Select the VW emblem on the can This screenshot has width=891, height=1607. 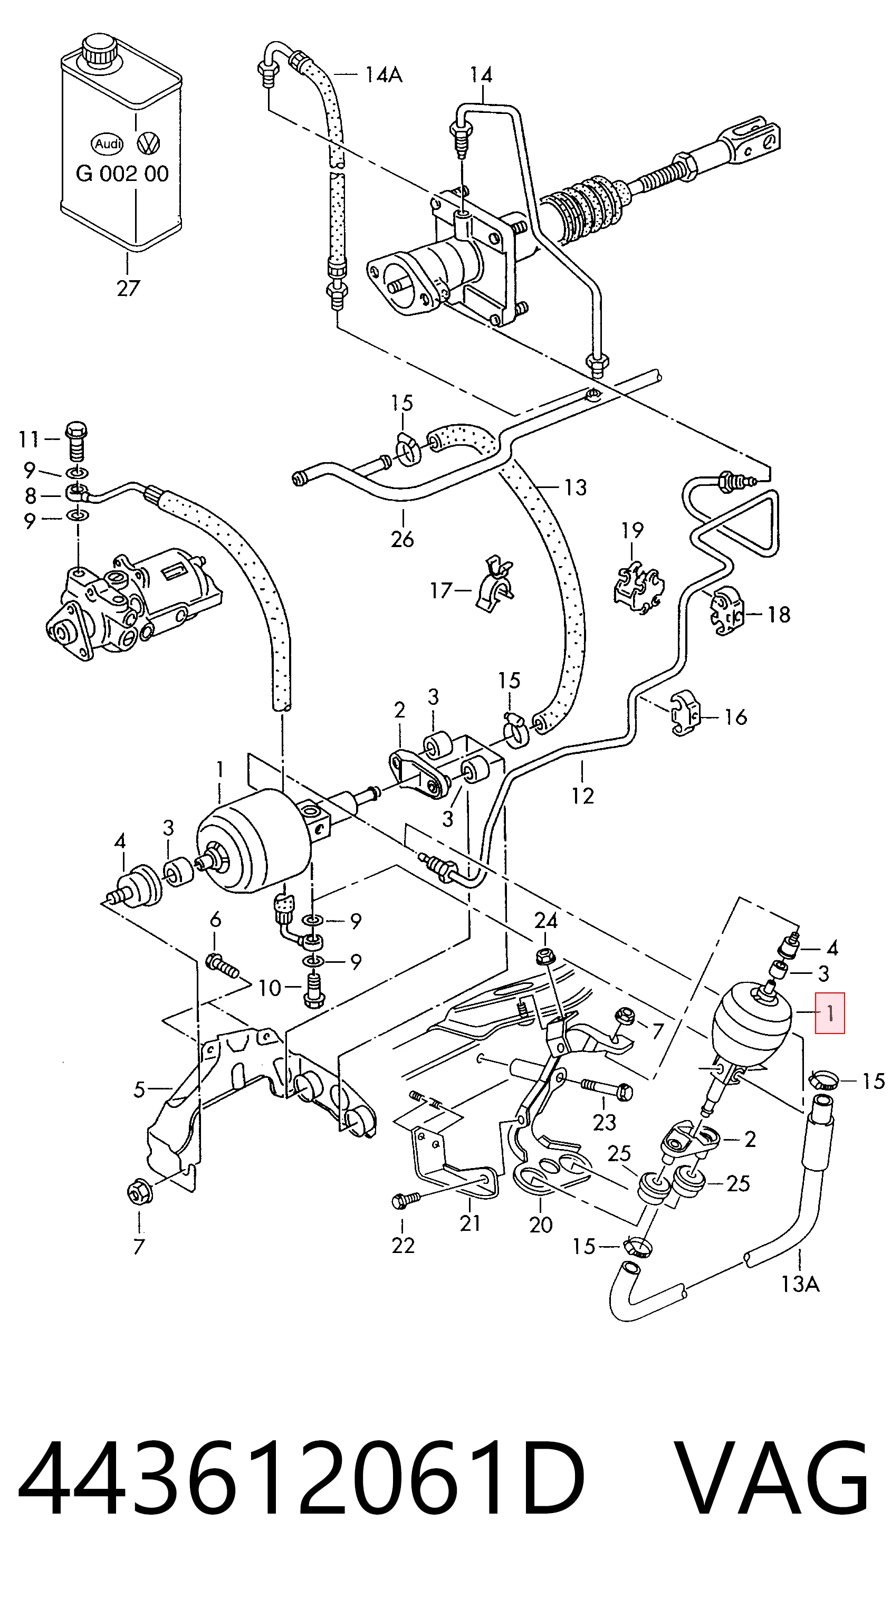pos(148,144)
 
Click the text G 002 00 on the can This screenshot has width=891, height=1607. pos(122,174)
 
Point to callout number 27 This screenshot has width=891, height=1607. pos(128,288)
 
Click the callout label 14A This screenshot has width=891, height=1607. pos(383,75)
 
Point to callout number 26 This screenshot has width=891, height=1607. pos(403,538)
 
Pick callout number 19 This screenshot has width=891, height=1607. pos(633,530)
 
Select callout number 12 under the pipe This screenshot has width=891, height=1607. pos(582,796)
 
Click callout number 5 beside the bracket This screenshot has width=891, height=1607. pos(139,1089)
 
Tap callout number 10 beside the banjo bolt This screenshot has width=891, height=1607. pos(270,988)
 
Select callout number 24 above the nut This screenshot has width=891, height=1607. pos(546,920)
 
